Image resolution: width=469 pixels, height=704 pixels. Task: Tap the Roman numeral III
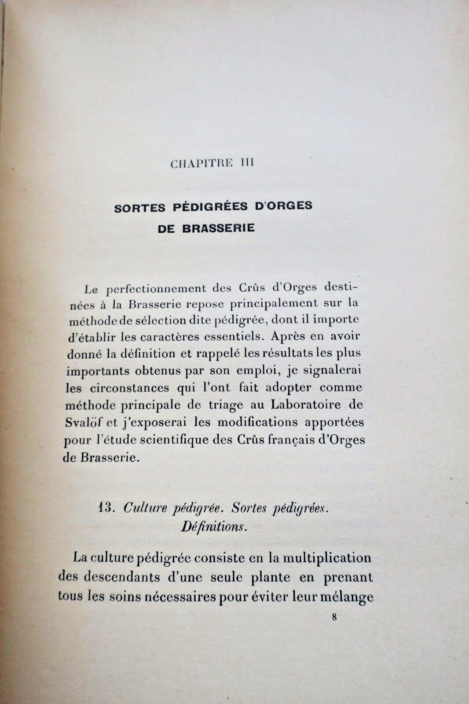point(245,163)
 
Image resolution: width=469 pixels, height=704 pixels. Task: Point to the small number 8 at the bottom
point(335,617)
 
